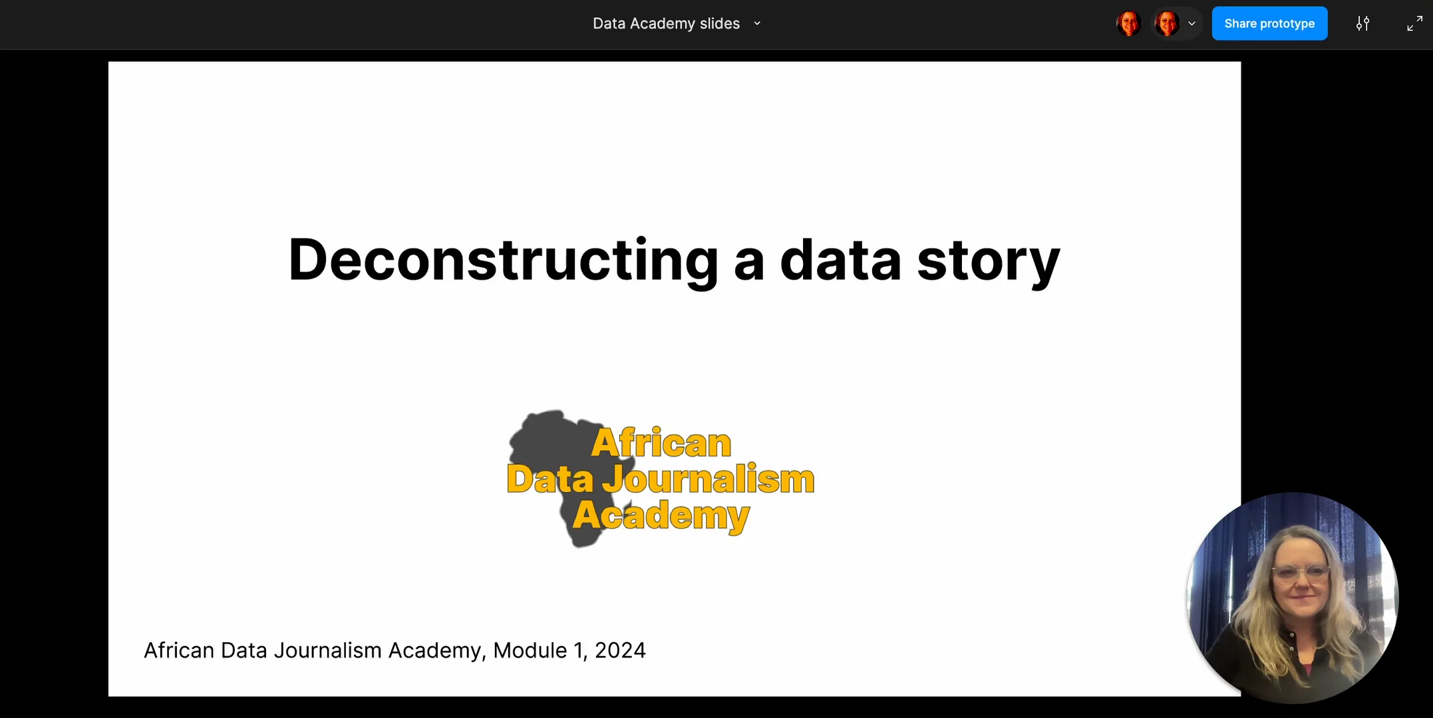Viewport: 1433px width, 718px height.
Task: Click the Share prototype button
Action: point(1269,23)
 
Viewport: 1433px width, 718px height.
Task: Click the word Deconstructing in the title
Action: point(503,260)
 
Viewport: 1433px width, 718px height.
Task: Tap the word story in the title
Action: point(988,260)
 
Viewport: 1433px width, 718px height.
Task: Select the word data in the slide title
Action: point(840,260)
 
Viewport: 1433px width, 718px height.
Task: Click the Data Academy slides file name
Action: point(666,23)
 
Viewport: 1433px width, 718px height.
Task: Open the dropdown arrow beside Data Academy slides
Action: point(757,23)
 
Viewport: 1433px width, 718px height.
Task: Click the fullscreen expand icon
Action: point(1414,23)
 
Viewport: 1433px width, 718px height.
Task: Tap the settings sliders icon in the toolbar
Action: point(1362,23)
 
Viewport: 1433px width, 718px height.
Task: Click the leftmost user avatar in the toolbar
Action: point(1129,23)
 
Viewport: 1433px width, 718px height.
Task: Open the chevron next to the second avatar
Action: point(1192,23)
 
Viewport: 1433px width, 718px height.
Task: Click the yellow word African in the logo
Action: point(661,443)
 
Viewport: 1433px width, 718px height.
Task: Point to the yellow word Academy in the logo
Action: point(661,515)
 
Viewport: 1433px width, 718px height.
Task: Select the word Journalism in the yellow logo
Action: point(709,479)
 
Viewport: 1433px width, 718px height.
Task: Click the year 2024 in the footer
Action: point(620,650)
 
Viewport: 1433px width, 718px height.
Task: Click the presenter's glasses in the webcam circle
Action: point(1301,572)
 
